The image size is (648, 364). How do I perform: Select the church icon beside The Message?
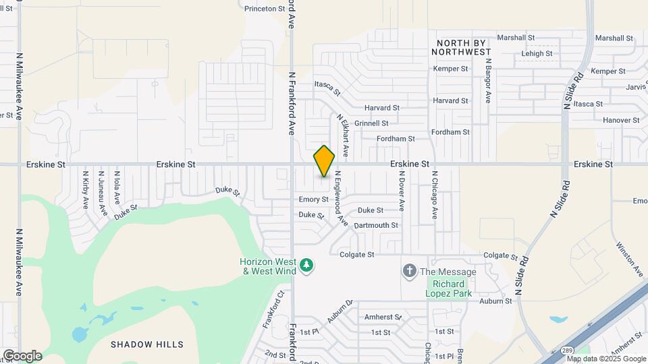click(408, 272)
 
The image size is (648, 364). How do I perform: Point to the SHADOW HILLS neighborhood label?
click(147, 344)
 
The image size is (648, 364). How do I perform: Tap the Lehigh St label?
click(537, 54)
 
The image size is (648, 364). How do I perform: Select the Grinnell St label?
click(371, 123)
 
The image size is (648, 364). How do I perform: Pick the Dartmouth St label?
click(376, 225)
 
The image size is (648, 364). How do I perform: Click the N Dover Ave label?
click(401, 190)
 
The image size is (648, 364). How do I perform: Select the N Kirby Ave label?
click(86, 190)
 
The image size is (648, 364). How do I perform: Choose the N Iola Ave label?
click(117, 187)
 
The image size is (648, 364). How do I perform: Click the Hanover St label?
click(621, 120)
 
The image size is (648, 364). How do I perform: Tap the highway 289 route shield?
click(568, 351)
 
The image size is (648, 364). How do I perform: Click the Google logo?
click(22, 355)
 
